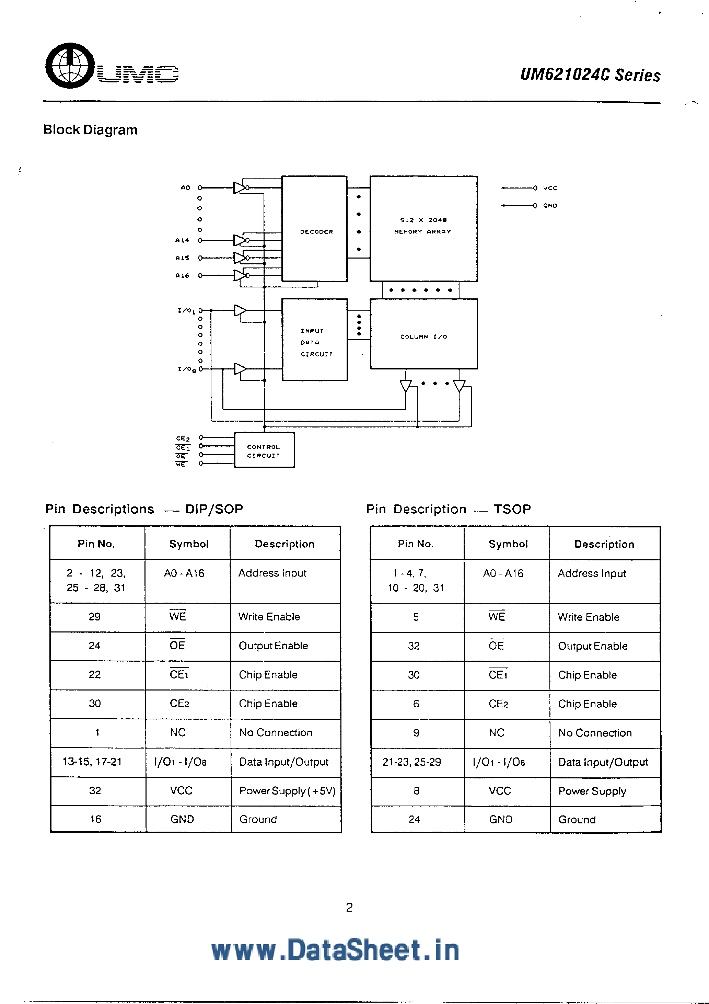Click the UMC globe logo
(70, 66)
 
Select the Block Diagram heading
(90, 130)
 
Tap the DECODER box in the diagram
(315, 229)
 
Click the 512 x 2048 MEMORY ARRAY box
(423, 229)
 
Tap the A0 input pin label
(185, 187)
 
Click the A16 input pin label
(182, 275)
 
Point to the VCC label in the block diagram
(550, 188)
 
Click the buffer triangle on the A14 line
(239, 240)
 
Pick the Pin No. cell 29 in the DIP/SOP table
(94, 617)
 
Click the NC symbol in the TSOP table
(497, 732)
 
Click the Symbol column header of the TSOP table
(508, 544)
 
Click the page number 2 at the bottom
(349, 908)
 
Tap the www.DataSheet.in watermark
(335, 950)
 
